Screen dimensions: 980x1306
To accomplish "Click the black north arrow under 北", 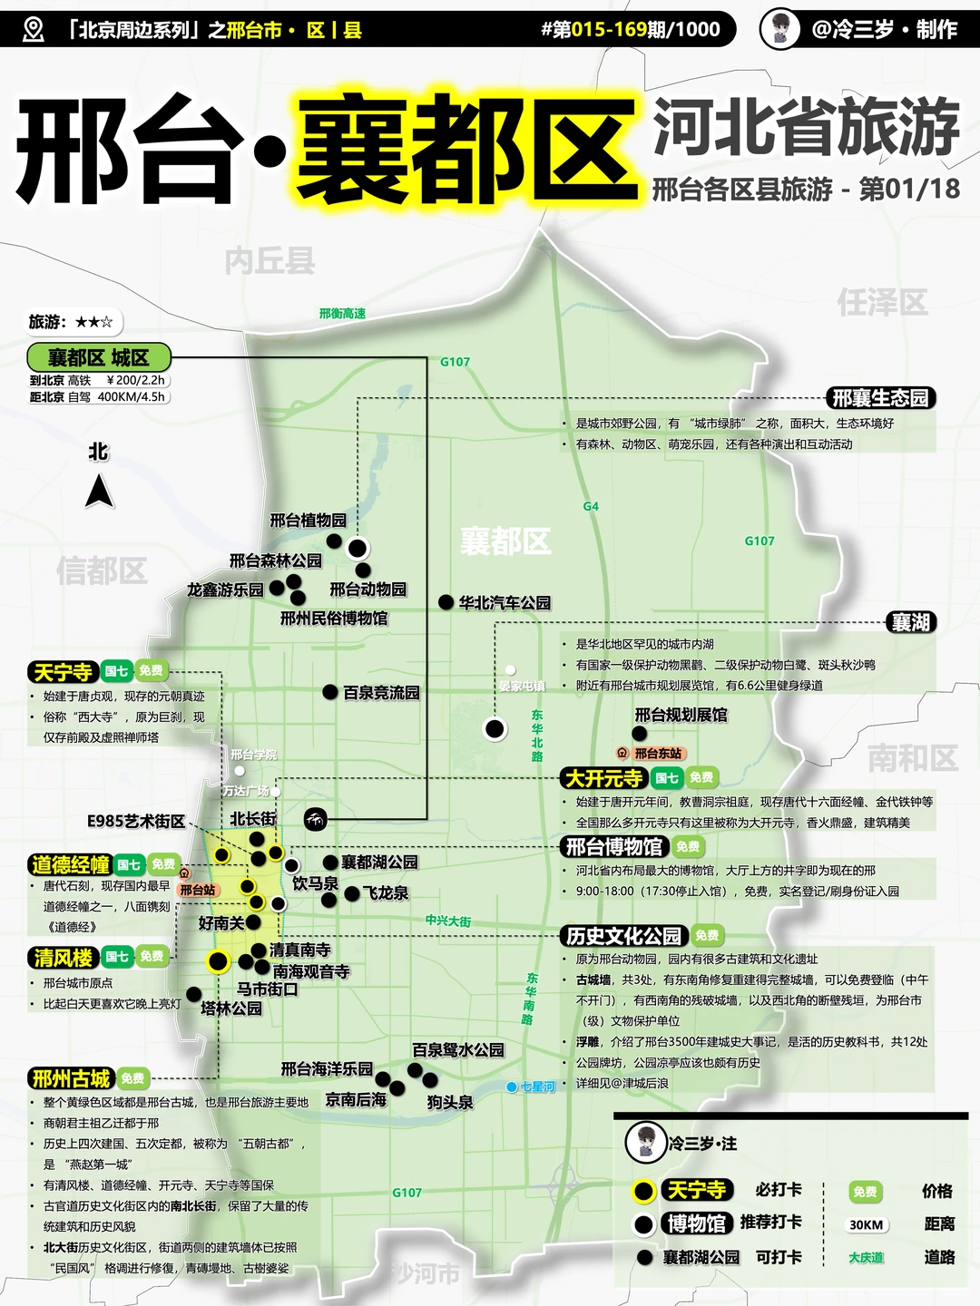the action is pyautogui.click(x=100, y=492).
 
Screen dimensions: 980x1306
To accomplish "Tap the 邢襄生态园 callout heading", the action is pyautogui.click(x=880, y=398).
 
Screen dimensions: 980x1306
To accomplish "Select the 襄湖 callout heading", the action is pyautogui.click(x=910, y=622).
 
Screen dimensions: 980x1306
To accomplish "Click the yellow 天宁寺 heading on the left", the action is pyautogui.click(x=63, y=672).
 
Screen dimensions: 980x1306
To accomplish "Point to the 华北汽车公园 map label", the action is pyautogui.click(x=505, y=603).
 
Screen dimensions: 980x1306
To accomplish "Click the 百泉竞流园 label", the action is pyautogui.click(x=381, y=693).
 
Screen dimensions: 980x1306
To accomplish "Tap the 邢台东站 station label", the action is pyautogui.click(x=658, y=754).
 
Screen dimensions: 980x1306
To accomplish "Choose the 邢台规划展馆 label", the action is pyautogui.click(x=681, y=715).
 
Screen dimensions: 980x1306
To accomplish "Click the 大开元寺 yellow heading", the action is pyautogui.click(x=603, y=778).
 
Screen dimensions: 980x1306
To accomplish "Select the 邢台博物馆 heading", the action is pyautogui.click(x=614, y=847).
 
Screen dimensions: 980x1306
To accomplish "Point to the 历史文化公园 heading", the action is pyautogui.click(x=623, y=936).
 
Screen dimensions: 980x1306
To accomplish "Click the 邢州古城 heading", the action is pyautogui.click(x=71, y=1078).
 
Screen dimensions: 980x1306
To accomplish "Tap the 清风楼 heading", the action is pyautogui.click(x=64, y=958).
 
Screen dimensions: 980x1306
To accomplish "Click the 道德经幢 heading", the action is pyautogui.click(x=70, y=865).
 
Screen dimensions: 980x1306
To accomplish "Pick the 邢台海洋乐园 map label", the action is pyautogui.click(x=327, y=1069).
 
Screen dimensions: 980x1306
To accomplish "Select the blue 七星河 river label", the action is pyautogui.click(x=537, y=1087).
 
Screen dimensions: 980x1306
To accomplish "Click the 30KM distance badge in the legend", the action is pyautogui.click(x=866, y=1225).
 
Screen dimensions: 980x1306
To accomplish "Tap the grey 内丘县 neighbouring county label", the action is pyautogui.click(x=269, y=261).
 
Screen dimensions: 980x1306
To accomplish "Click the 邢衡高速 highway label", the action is pyautogui.click(x=342, y=314).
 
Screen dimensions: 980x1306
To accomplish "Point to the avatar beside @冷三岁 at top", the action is pyautogui.click(x=780, y=29).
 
